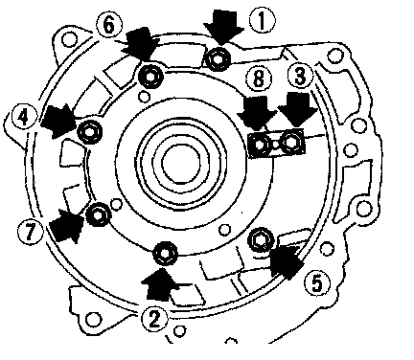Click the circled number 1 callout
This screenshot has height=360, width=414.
[x=262, y=20]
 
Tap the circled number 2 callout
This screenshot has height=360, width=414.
[x=154, y=319]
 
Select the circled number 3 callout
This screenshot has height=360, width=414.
[x=300, y=77]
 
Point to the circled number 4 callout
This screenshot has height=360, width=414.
[x=24, y=118]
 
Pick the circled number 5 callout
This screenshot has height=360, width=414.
[x=317, y=282]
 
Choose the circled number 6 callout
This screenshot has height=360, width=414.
[x=109, y=25]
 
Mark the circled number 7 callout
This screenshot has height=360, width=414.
[x=31, y=232]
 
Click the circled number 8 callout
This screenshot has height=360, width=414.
[x=259, y=79]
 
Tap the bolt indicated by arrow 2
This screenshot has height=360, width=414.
[x=165, y=254]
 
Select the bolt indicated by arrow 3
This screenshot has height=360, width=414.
[x=290, y=142]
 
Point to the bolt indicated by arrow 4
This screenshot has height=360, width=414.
[x=90, y=132]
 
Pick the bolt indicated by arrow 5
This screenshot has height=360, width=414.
[x=262, y=240]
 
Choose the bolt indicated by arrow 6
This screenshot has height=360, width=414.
[x=150, y=77]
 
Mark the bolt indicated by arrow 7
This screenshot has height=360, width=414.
[x=99, y=214]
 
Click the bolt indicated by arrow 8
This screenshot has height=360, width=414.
[x=260, y=145]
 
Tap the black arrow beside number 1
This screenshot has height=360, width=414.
[x=223, y=27]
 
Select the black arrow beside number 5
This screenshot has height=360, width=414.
[x=286, y=259]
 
